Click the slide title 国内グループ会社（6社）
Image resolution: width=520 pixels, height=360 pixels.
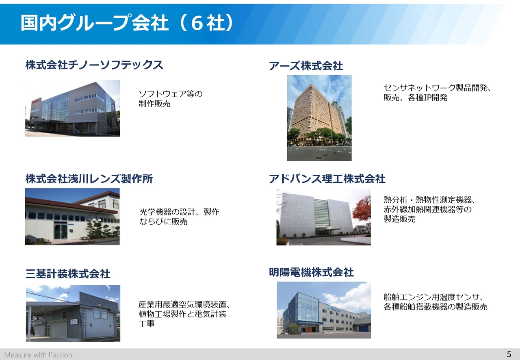[127, 22]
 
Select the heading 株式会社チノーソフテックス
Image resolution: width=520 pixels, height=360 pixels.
[94, 65]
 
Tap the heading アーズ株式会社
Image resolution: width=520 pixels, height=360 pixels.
[306, 66]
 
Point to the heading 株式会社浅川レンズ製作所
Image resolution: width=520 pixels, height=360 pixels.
[89, 179]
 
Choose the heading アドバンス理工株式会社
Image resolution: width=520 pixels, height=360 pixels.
[327, 179]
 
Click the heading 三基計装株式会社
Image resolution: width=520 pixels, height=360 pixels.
[68, 273]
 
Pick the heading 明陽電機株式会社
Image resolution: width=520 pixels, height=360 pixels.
[311, 272]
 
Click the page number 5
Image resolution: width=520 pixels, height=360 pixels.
[509, 354]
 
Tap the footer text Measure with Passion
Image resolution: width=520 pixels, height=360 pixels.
[38, 355]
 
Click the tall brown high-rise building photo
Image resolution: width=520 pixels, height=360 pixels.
[319, 118]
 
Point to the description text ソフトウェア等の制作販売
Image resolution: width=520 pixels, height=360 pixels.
[171, 99]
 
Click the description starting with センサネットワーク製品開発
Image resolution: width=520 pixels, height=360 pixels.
[437, 93]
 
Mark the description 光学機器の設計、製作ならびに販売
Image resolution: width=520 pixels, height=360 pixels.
[179, 217]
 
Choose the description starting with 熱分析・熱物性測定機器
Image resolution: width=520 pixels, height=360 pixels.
[429, 209]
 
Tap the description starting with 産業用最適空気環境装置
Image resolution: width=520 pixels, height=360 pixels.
[184, 314]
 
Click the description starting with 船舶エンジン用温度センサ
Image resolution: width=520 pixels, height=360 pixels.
[435, 302]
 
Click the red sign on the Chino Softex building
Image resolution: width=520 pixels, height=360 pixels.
[36, 102]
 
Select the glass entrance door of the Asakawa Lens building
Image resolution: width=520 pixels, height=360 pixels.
[60, 231]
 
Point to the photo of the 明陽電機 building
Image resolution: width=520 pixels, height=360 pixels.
[324, 310]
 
